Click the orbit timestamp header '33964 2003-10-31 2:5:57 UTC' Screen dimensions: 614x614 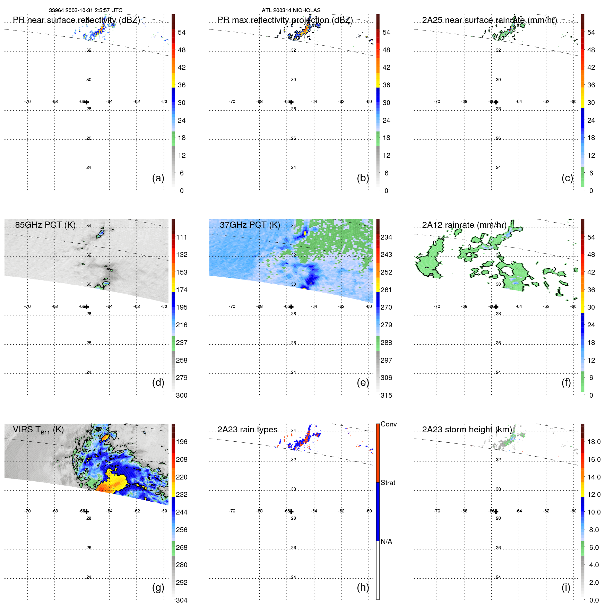[85, 10]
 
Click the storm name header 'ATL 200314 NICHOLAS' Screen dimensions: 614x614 [291, 10]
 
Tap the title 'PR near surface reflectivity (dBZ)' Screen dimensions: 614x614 [76, 20]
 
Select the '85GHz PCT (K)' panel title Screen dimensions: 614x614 [45, 225]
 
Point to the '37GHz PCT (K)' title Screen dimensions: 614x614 [250, 225]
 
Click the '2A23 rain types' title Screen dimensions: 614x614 [247, 430]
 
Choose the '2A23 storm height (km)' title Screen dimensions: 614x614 [467, 430]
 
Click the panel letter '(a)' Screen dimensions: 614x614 [158, 178]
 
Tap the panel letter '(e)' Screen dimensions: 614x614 [363, 382]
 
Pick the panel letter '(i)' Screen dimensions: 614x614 [566, 587]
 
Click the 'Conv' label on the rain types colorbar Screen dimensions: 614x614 [388, 424]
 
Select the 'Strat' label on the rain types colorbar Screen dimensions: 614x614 [388, 483]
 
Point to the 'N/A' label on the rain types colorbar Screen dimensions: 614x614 [386, 542]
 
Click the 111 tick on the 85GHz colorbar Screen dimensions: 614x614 [181, 237]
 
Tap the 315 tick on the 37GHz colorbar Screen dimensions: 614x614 [386, 395]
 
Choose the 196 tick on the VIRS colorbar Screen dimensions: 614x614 [181, 442]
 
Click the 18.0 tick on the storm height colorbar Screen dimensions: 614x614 [594, 442]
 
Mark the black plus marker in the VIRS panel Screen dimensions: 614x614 [87, 511]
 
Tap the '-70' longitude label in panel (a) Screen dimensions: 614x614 [27, 102]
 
